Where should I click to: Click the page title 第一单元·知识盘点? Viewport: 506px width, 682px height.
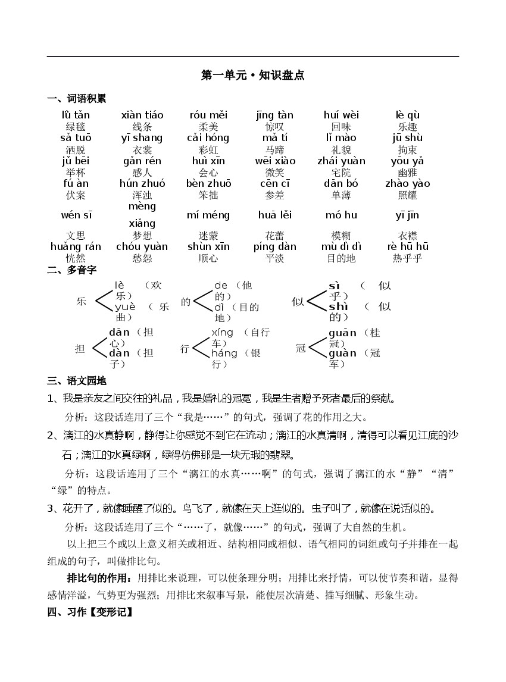[x=253, y=76]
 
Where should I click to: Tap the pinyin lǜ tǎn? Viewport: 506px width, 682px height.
[x=76, y=115]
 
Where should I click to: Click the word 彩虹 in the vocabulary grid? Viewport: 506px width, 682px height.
[x=208, y=149]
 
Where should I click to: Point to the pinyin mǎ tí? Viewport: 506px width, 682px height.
[x=275, y=138]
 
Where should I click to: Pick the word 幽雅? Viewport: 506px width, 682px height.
[x=407, y=173]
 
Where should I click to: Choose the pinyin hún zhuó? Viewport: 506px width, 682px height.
[x=142, y=183]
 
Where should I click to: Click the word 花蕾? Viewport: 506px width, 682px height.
[x=275, y=236]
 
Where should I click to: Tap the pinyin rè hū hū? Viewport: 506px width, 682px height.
[x=408, y=246]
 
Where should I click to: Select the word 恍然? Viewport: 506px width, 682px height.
[x=76, y=258]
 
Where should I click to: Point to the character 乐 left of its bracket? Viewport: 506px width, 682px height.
[x=82, y=301]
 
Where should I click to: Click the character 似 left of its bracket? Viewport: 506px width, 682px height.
[x=298, y=302]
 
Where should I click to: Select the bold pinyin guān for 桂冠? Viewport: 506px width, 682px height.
[x=342, y=333]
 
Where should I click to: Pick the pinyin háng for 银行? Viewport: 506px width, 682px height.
[x=224, y=353]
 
